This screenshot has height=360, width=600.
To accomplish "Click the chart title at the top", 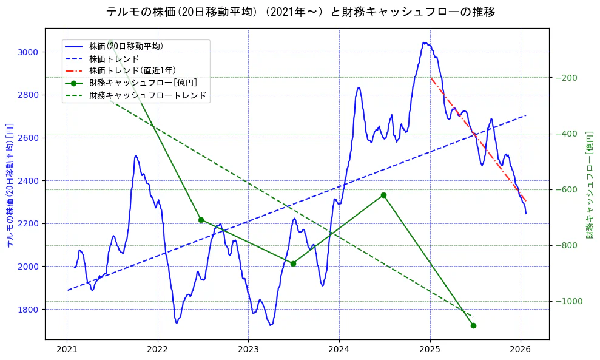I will coord(300,12).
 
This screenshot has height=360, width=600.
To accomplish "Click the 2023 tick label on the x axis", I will coord(248,349).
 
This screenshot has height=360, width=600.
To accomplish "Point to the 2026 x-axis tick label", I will coord(521,349).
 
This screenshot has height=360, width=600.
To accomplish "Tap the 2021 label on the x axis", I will coord(67,349).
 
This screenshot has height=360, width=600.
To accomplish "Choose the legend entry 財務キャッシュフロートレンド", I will coord(147,95).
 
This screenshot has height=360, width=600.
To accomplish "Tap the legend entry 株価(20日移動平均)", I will coord(126,46).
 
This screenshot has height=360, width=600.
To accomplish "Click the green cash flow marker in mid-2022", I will coord(201,220).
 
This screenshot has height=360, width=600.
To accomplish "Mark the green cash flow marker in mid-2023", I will coord(293,263).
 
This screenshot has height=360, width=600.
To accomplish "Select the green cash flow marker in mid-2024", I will coord(383,195).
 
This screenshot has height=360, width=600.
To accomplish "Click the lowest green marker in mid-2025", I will coord(473,325).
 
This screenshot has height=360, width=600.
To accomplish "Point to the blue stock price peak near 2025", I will coord(424,42).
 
